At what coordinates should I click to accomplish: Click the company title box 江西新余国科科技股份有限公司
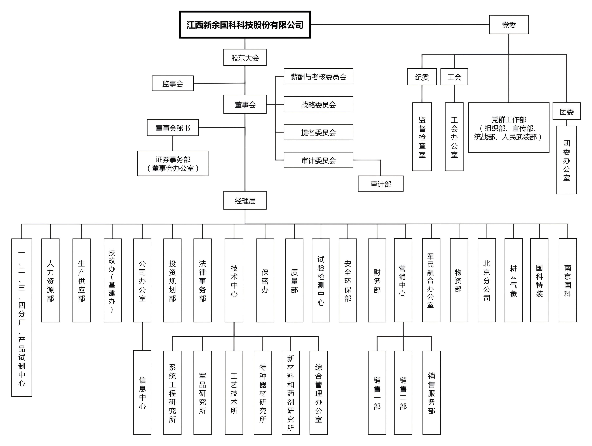[x=245, y=25]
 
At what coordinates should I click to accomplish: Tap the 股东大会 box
[x=245, y=57]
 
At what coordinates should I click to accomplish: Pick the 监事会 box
[x=173, y=83]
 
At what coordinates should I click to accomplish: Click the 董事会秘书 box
[x=173, y=128]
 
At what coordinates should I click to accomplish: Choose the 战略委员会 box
[x=318, y=104]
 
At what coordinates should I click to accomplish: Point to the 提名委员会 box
[x=318, y=132]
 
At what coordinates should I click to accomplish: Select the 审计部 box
[x=381, y=184]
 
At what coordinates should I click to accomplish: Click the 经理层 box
[x=245, y=201]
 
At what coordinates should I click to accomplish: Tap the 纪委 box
[x=422, y=77]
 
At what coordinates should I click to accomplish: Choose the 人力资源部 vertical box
[x=50, y=280]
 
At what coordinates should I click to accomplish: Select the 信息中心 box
[x=142, y=392]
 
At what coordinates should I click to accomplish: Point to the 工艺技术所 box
[x=234, y=392]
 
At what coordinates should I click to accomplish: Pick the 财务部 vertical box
[x=377, y=280]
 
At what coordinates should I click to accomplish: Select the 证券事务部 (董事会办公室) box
[x=173, y=163]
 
